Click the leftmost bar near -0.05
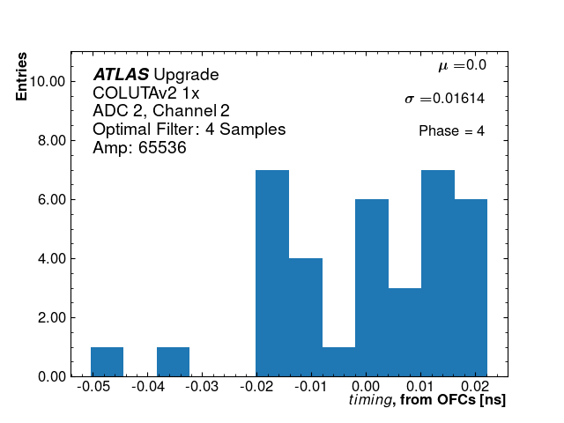pos(107,361)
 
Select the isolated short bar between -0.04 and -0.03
pos(173,361)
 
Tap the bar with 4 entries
pos(305,317)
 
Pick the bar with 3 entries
pos(404,332)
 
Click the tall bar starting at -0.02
pos(272,273)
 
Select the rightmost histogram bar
pos(471,288)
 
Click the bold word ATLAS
pos(121,75)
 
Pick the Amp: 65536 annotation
pos(139,148)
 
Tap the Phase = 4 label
pos(451,131)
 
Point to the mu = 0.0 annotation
pos(462,65)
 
